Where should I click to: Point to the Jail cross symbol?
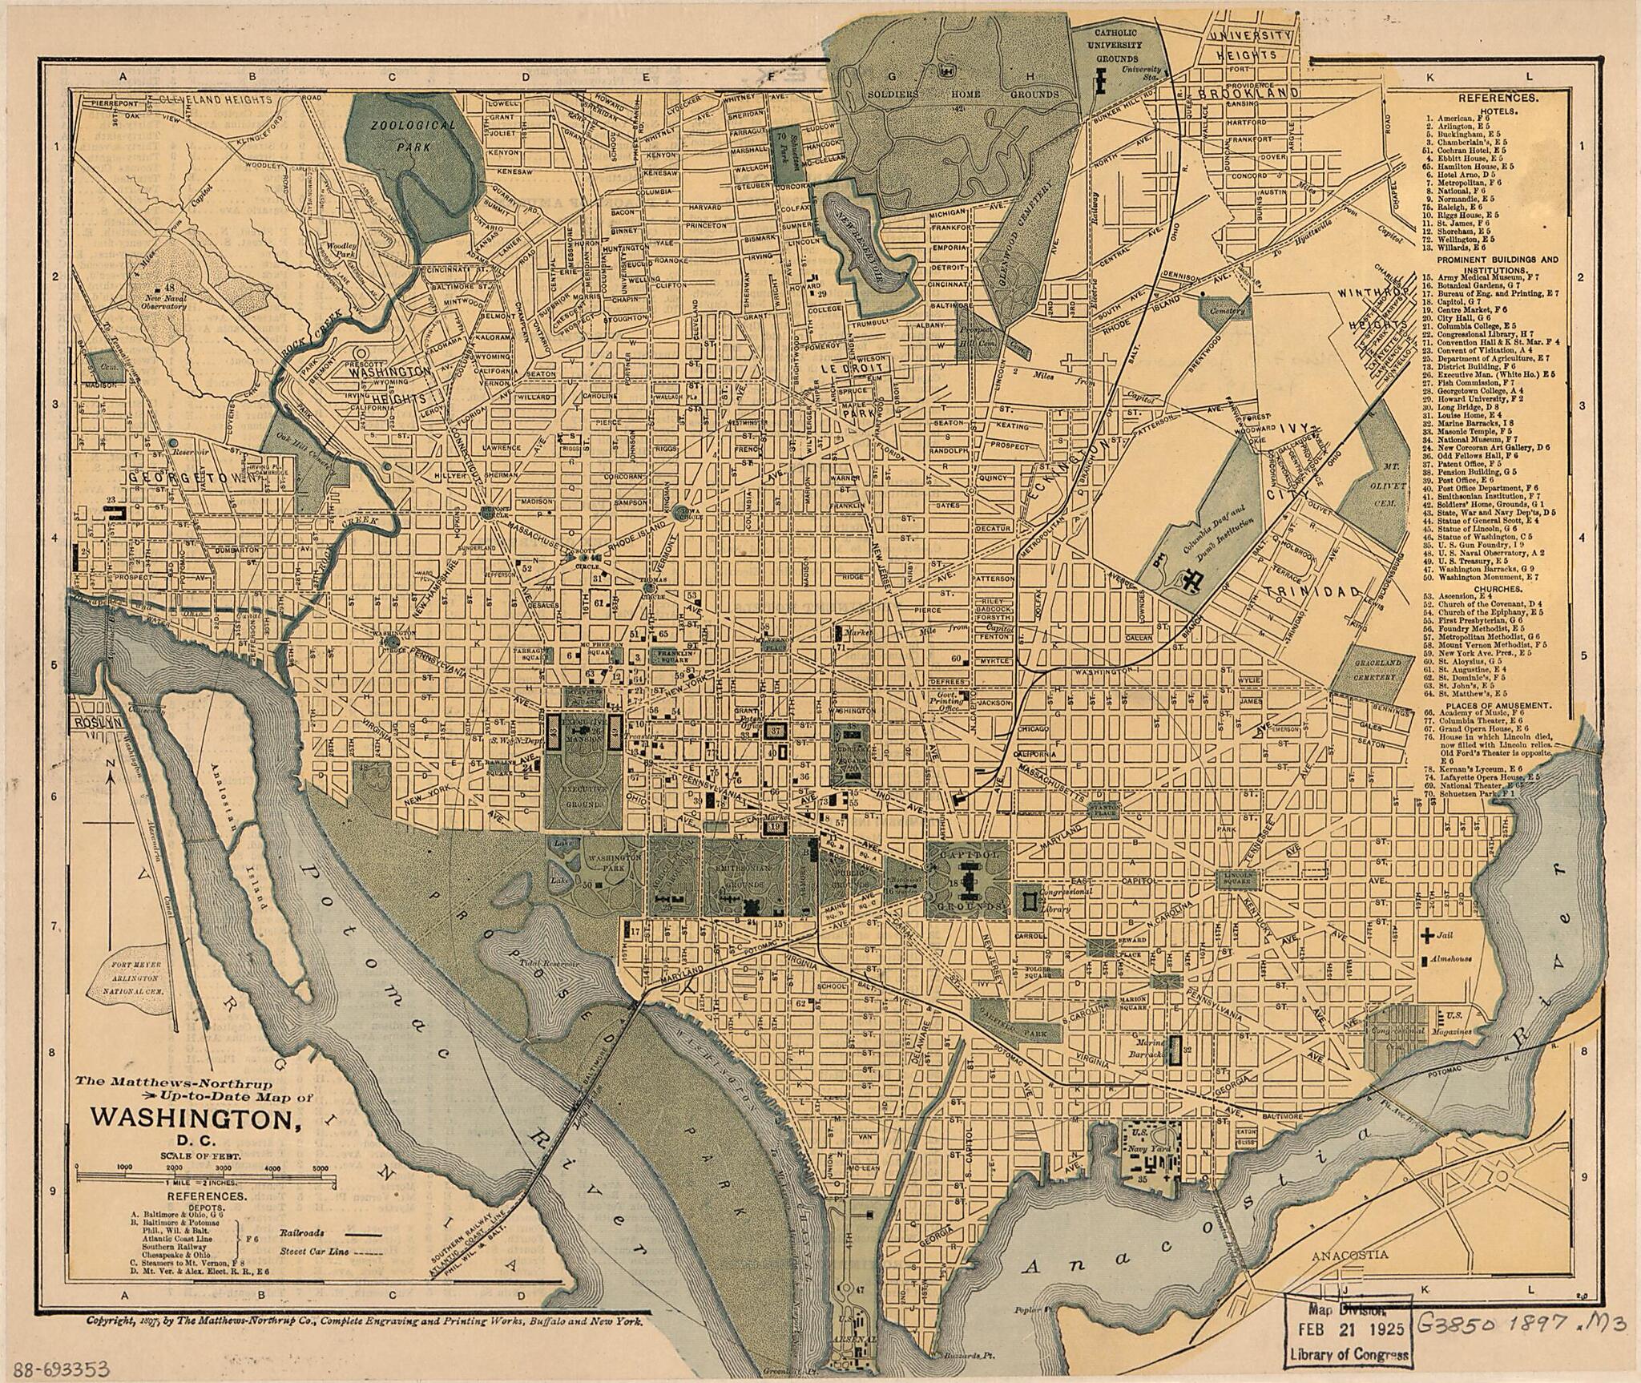pos(1427,933)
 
